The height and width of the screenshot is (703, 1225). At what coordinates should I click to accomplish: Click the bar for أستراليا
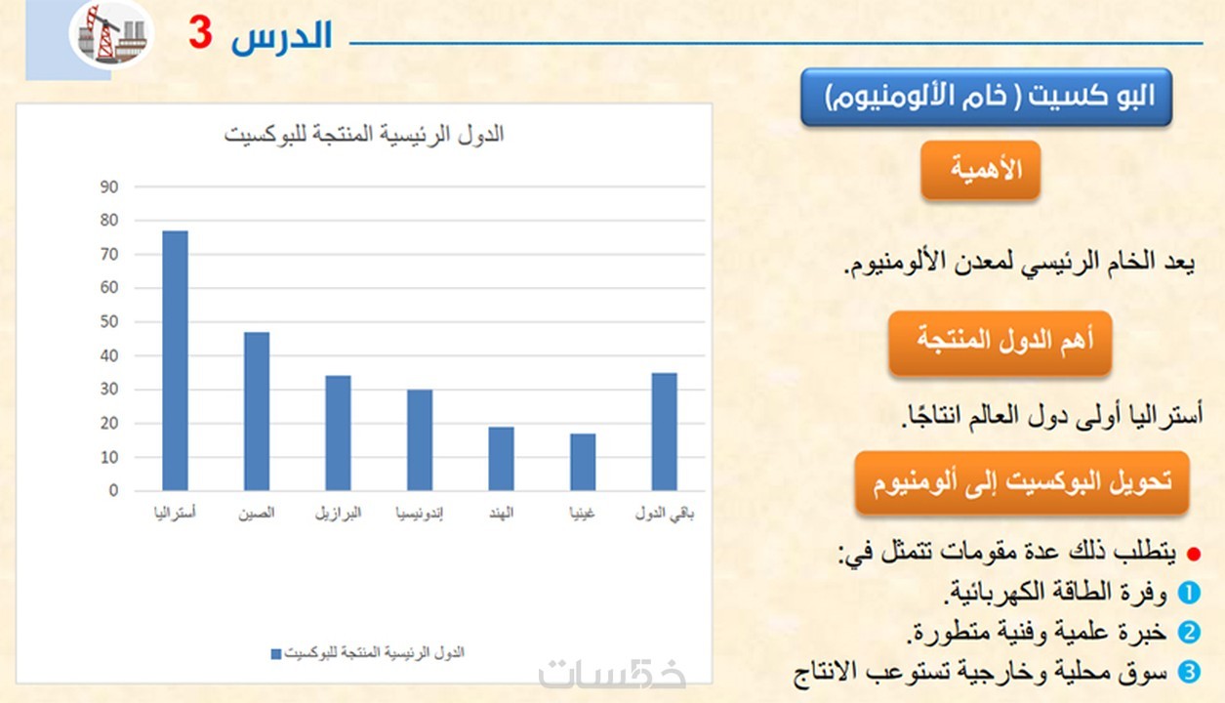click(x=175, y=360)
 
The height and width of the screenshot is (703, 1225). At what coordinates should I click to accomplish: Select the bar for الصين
click(x=257, y=411)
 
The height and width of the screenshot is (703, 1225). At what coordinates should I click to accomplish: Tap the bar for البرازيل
click(x=338, y=434)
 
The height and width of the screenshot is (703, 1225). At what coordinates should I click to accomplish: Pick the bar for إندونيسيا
click(x=420, y=439)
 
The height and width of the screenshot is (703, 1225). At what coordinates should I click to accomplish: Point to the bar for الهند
click(x=501, y=459)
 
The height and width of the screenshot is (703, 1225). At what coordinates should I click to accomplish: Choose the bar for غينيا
click(x=583, y=462)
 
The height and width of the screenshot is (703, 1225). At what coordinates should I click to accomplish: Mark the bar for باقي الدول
click(x=664, y=432)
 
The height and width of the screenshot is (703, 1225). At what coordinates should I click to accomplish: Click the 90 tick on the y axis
click(x=109, y=187)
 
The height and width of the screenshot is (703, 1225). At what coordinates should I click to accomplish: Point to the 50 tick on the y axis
click(x=109, y=321)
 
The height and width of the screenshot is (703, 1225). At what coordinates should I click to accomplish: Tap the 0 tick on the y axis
click(x=113, y=491)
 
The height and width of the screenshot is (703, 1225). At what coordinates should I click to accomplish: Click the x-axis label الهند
click(x=501, y=514)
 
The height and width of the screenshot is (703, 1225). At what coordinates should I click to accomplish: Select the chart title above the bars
click(x=364, y=135)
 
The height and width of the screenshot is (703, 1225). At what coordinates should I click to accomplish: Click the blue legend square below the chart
click(x=276, y=654)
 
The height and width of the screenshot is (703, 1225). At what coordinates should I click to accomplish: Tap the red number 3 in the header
click(x=200, y=33)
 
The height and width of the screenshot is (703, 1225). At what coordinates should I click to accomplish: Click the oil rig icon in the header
click(x=111, y=34)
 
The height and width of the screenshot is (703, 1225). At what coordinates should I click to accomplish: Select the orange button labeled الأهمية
click(x=981, y=170)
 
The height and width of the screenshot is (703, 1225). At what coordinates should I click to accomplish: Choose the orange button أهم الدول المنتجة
click(x=1000, y=343)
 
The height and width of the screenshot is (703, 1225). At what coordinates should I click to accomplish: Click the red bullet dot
click(x=1194, y=555)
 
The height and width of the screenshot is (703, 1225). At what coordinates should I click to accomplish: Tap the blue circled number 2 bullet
click(x=1189, y=633)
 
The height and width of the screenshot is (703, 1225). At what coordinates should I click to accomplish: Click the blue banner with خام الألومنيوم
click(x=987, y=97)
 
